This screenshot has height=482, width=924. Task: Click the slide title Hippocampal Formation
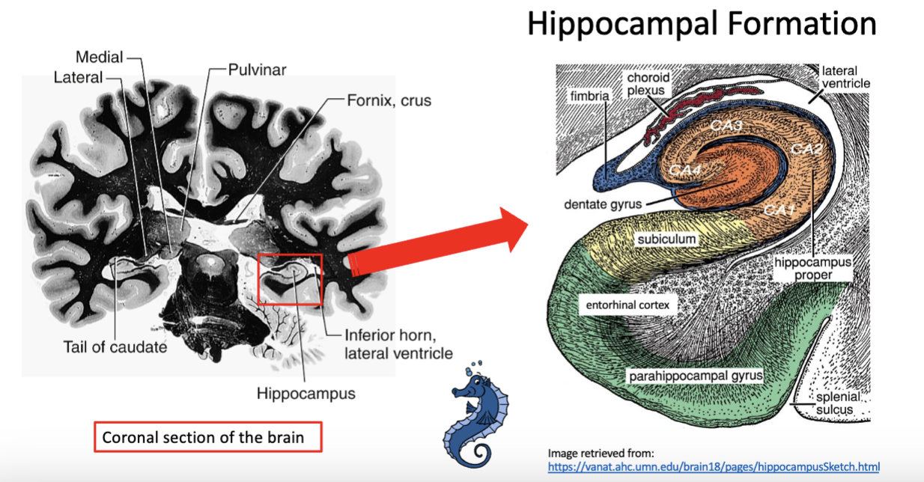701,24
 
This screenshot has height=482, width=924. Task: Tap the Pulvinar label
256,70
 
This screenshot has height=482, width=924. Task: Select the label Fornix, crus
389,100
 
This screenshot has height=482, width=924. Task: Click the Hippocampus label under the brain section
306,392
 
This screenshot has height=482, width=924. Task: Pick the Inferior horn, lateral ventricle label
398,344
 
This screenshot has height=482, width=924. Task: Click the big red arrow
442,245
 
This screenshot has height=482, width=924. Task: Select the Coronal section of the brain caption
207,437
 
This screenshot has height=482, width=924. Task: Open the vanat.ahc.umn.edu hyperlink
714,466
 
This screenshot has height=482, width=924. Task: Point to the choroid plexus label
648,84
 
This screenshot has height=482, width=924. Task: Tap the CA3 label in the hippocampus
726,126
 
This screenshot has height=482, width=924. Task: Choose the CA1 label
779,210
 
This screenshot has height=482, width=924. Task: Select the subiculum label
666,240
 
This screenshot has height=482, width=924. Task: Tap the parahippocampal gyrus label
695,375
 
